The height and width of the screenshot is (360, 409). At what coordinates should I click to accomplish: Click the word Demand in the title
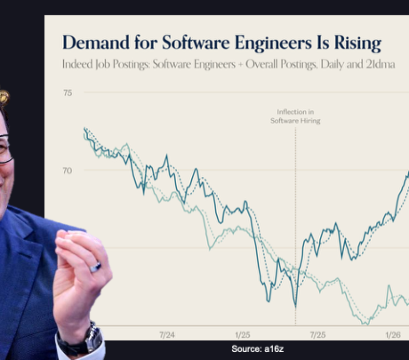[x=96, y=42]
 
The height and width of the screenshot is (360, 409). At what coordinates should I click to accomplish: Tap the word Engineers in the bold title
[x=273, y=43]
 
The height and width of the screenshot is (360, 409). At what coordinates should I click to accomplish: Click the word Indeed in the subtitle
[x=77, y=64]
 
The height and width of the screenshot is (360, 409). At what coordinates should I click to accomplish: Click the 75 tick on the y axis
[x=68, y=93]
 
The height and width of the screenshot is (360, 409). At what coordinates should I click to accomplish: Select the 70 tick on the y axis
[x=67, y=171]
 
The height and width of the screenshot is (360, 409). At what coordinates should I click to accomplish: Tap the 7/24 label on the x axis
[x=167, y=335]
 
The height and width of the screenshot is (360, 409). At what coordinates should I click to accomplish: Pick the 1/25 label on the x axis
[x=242, y=335]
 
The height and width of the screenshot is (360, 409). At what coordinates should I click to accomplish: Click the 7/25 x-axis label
[x=317, y=335]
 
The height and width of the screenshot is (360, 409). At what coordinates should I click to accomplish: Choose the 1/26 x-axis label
[x=393, y=335]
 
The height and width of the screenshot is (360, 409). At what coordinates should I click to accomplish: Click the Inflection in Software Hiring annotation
[x=295, y=116]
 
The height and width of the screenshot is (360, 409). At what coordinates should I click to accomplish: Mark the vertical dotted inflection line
[x=296, y=226]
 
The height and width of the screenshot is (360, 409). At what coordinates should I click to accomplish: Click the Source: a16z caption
[x=258, y=349]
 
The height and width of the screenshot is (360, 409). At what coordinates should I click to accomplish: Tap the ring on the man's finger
[x=95, y=267]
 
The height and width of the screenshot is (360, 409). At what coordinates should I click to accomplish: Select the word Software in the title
[x=196, y=42]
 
